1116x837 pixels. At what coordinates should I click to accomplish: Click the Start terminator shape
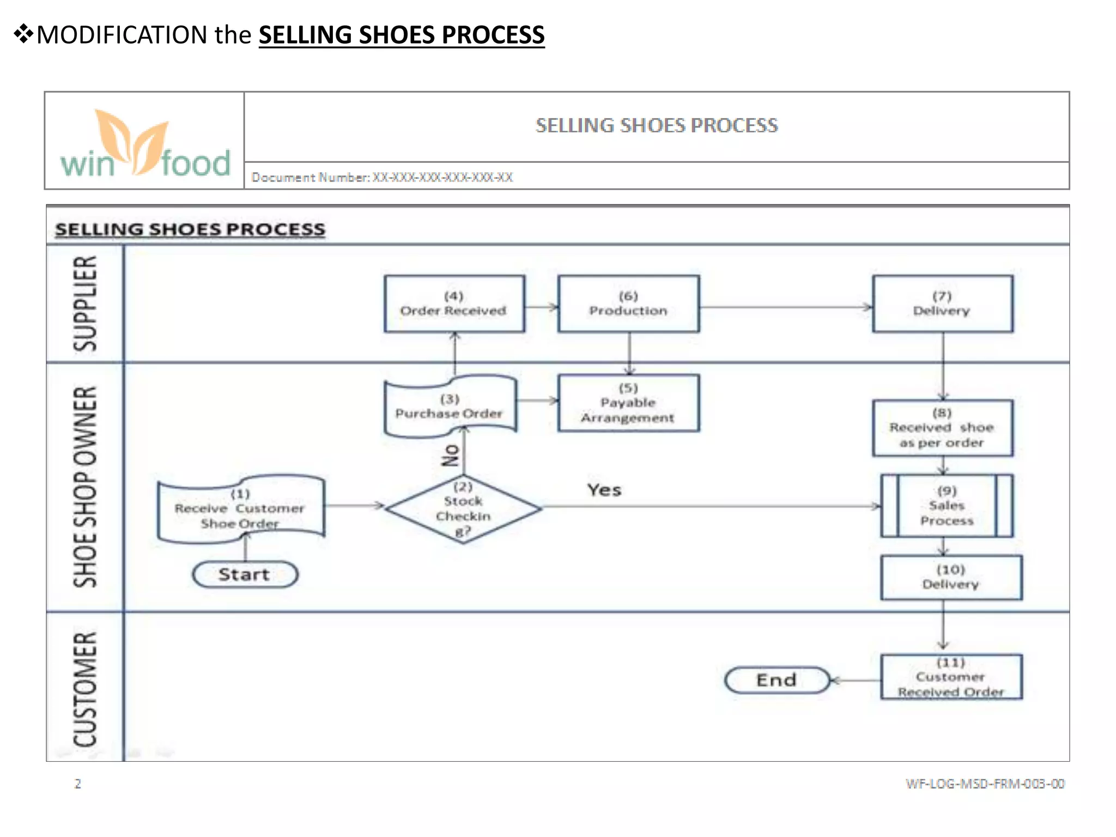(x=245, y=574)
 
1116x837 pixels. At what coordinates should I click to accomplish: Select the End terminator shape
(x=777, y=680)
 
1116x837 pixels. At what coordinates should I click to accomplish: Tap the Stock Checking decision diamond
(x=463, y=509)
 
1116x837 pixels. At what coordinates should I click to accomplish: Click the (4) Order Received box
(x=454, y=304)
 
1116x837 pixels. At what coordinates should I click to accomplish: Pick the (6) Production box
(x=628, y=304)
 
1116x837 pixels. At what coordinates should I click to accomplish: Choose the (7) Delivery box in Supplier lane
(x=943, y=304)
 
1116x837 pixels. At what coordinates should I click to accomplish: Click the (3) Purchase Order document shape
(x=450, y=406)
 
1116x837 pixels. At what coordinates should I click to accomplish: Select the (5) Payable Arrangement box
(x=628, y=403)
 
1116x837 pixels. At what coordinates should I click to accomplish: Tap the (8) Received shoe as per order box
(x=943, y=428)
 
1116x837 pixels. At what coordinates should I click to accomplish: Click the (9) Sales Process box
(x=947, y=506)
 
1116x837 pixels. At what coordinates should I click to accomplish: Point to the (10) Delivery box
(x=951, y=578)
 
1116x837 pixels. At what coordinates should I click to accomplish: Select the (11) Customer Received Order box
(x=951, y=677)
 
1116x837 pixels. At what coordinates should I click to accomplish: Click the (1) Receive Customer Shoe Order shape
(x=241, y=510)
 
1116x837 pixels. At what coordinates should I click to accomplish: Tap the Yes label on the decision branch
(x=604, y=490)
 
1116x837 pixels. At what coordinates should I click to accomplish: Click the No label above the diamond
(x=451, y=455)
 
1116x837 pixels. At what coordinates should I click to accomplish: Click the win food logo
(x=145, y=143)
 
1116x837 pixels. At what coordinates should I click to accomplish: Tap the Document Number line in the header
(x=382, y=177)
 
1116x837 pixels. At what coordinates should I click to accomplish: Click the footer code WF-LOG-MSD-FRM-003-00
(x=985, y=784)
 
